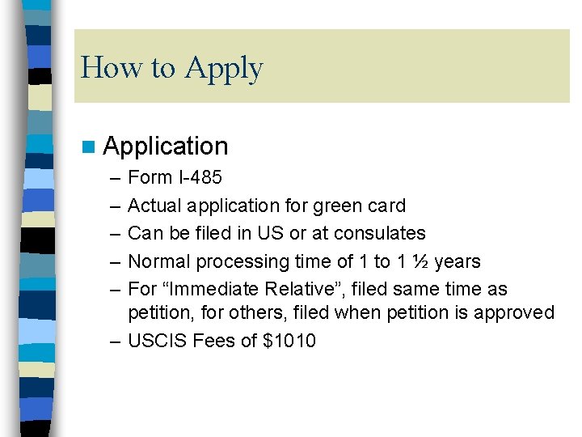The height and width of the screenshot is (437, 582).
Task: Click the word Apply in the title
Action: (223, 69)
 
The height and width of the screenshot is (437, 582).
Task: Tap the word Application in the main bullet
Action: (166, 146)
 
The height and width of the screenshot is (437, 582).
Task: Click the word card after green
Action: (384, 206)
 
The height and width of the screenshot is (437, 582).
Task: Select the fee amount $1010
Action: (289, 341)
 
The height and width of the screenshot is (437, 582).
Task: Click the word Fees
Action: (216, 341)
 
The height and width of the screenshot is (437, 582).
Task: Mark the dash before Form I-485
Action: (115, 178)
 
